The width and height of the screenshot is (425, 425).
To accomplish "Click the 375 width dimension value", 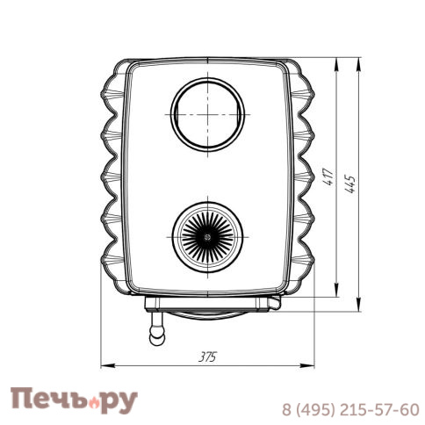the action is tap(207, 357).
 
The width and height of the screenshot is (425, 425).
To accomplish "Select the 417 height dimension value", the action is tap(329, 177).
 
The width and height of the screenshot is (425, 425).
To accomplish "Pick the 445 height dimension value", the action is tap(349, 184).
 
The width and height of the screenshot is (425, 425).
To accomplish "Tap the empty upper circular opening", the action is tap(207, 114).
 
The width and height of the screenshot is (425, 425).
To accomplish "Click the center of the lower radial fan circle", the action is tap(207, 237).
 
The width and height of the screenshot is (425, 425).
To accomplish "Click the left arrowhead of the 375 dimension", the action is tap(107, 365).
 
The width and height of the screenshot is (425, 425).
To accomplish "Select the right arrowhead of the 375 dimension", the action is tap(308, 365).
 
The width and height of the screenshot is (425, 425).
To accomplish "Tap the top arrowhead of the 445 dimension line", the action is tap(358, 64).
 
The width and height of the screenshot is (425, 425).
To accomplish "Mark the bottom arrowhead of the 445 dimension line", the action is tap(358, 305).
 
